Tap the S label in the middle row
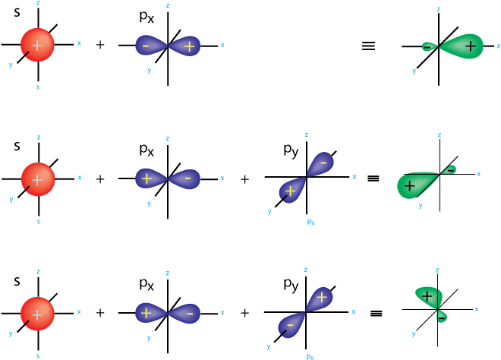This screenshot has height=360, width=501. (x=17, y=146)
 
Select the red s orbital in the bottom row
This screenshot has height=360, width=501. (x=36, y=312)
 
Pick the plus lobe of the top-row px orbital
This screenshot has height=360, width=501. (x=187, y=46)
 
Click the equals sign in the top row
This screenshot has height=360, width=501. (x=369, y=46)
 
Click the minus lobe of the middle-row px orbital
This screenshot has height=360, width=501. (x=187, y=178)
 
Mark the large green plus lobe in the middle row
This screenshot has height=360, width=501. (x=413, y=185)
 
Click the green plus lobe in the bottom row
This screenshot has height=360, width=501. (x=428, y=296)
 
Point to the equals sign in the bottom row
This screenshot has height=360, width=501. (x=374, y=312)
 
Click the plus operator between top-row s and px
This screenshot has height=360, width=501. (x=101, y=46)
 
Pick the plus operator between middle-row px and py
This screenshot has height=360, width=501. (x=245, y=179)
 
